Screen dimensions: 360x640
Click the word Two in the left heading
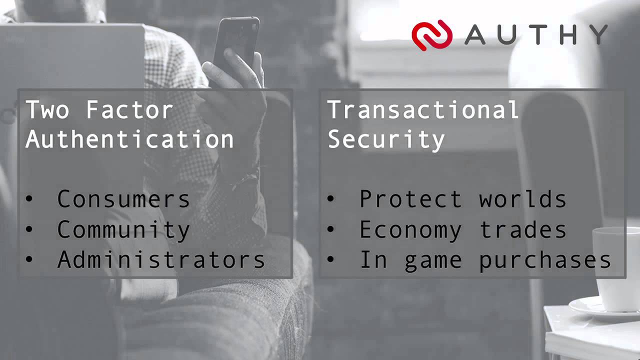click(47, 110)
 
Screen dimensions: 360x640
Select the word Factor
click(129, 110)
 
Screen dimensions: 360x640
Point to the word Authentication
click(129, 139)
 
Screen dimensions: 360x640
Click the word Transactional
click(423, 110)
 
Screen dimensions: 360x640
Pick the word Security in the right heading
click(386, 139)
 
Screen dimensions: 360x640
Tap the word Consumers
click(123, 199)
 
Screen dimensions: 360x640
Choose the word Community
click(123, 230)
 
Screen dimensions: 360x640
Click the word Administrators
click(161, 260)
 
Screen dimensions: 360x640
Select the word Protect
click(410, 199)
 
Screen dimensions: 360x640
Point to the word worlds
click(522, 199)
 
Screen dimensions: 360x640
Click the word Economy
click(410, 230)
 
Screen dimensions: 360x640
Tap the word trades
click(522, 230)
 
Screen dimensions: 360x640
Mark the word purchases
click(545, 260)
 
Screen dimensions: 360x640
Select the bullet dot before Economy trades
click(331, 230)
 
